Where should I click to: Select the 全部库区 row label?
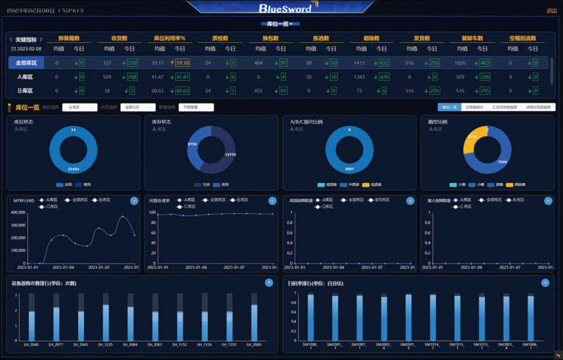[26, 63]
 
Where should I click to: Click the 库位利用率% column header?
[169, 38]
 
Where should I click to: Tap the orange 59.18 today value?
[182, 63]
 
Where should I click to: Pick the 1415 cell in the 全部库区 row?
[359, 63]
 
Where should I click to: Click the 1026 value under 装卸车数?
[460, 63]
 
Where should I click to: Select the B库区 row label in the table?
[25, 90]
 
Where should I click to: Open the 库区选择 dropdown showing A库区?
[79, 107]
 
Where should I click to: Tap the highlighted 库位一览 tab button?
[449, 107]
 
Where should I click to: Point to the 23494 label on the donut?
[74, 169]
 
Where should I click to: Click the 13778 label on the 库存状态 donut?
[230, 154]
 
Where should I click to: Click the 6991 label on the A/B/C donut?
[350, 169]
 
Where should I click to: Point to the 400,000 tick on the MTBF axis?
[19, 212]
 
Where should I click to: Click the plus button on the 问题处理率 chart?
[272, 201]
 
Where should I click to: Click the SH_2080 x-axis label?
[254, 344]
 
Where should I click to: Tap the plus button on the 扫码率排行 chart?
[545, 283]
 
